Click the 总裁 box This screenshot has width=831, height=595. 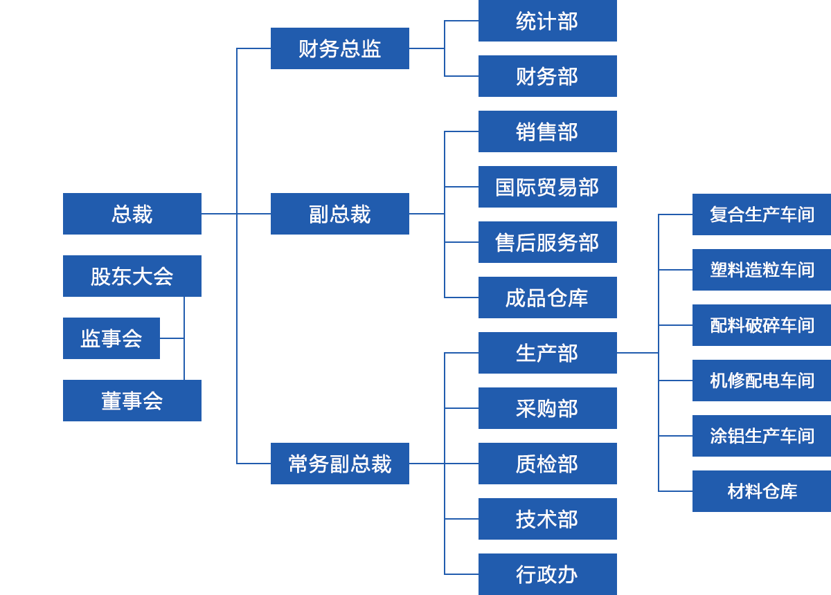pos(132,214)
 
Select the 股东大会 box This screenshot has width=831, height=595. pos(132,276)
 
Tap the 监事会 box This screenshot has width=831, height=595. pos(111,338)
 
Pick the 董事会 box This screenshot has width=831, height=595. pos(132,401)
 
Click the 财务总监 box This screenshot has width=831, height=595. pos(339,48)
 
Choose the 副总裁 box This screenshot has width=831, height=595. pos(339,214)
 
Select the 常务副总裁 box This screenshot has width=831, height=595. pos(339,464)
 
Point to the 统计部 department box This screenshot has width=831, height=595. pos(547,21)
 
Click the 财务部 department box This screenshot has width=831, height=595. pos(547,76)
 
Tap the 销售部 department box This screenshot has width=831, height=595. pos(547,131)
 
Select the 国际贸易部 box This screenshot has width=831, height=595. pos(547,187)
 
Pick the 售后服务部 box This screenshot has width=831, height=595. pos(547,242)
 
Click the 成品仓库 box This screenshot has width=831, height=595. pos(547,297)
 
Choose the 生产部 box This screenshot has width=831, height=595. pos(547,353)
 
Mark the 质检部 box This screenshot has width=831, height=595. pos(547,464)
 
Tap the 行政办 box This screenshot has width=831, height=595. pos(547,574)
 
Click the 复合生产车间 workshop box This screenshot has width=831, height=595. pos(761,214)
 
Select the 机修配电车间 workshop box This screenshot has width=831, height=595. pos(761,381)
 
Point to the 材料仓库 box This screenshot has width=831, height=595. pos(761,491)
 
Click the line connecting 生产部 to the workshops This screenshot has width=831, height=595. pos(637,353)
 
